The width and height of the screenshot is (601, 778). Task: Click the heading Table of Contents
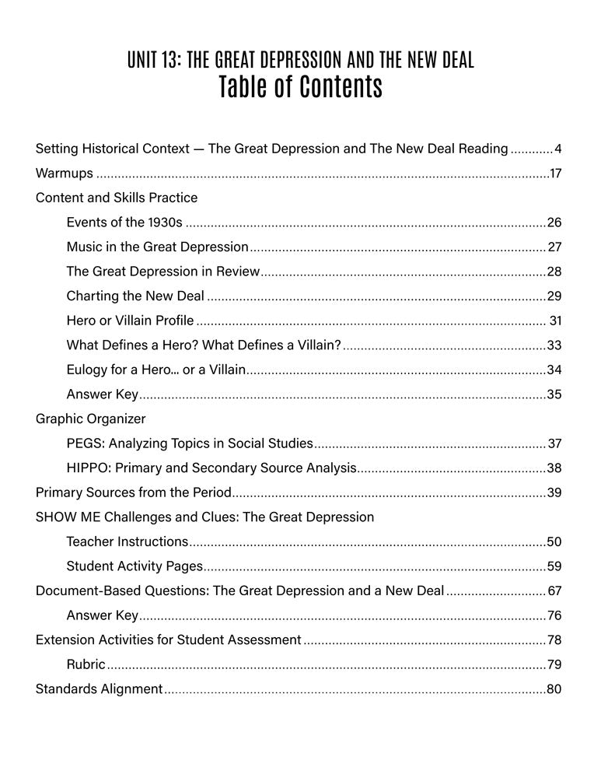coord(300,88)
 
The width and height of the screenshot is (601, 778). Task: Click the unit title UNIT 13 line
coord(300,61)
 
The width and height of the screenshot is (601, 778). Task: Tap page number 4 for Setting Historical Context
coord(557,149)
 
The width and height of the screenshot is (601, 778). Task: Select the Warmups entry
coord(65,173)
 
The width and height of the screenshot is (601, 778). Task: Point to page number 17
coord(555,173)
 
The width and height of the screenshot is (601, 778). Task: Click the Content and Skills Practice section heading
coord(117,198)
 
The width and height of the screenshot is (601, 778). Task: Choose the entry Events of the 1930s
coord(124,223)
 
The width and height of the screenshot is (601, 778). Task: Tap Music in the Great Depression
coord(157,247)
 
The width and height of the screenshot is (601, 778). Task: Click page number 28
coord(554,272)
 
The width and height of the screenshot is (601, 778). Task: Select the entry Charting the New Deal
coord(135,296)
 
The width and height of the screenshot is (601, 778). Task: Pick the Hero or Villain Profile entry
coord(130,321)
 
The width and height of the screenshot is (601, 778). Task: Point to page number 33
coord(554,345)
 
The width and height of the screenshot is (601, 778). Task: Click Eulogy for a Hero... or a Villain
coord(156,370)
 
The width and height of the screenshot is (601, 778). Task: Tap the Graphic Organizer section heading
coord(90,419)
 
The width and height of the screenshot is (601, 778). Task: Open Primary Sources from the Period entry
coord(134,492)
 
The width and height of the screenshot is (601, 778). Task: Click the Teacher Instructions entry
coord(128,541)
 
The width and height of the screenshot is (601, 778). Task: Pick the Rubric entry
coord(86,664)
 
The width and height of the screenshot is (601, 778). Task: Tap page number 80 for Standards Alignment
coord(554,689)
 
